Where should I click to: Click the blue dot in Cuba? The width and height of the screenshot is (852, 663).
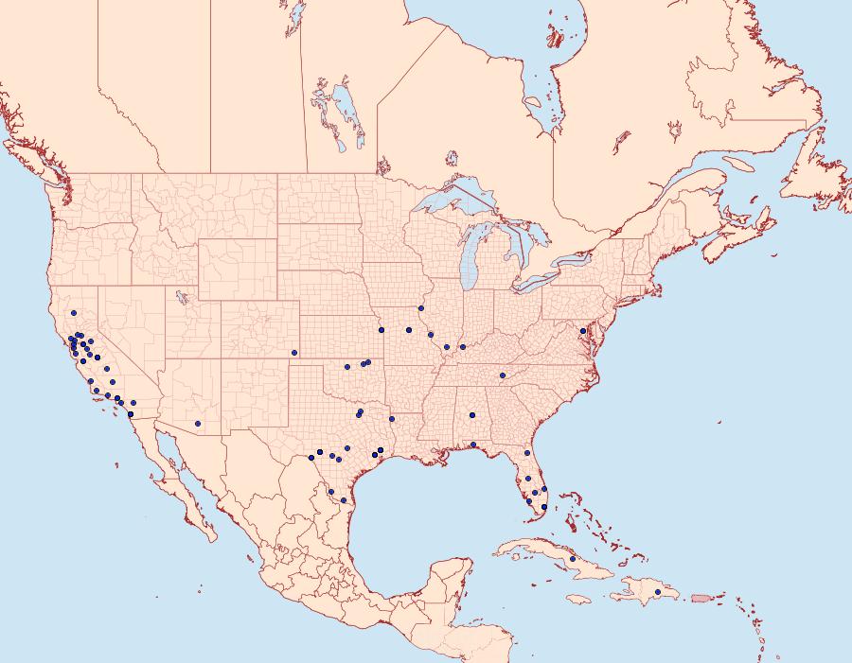tap(573, 559)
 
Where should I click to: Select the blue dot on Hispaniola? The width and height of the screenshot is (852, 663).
tap(658, 592)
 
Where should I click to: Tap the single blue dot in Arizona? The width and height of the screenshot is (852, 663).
tap(198, 423)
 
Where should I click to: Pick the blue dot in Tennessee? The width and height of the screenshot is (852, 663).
tap(503, 375)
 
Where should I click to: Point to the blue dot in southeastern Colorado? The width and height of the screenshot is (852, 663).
tap(294, 353)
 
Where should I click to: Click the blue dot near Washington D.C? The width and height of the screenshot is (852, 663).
tap(582, 330)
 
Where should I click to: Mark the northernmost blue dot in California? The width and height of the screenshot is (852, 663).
tap(73, 313)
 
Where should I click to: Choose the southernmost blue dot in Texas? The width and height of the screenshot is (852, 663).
tap(343, 499)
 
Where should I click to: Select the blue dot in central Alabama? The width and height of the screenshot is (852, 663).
tap(470, 415)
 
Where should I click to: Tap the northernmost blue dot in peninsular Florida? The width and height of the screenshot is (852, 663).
tap(527, 454)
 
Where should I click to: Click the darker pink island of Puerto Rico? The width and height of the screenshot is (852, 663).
tap(701, 598)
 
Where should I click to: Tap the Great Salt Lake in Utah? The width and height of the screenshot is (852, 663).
tap(179, 297)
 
